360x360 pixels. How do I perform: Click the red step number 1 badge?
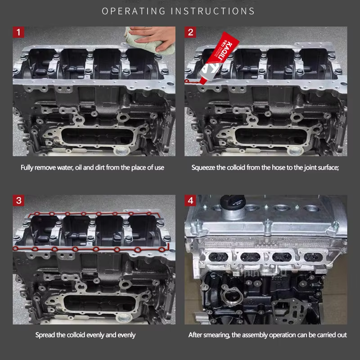click(x=18, y=32)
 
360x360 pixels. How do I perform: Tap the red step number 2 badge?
click(x=190, y=32)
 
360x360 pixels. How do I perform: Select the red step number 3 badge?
click(x=18, y=200)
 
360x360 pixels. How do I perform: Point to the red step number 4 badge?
click(x=190, y=200)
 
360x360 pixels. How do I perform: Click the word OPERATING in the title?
click(x=134, y=11)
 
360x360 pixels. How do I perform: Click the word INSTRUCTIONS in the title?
click(x=212, y=11)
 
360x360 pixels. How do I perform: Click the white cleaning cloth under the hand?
click(x=147, y=42)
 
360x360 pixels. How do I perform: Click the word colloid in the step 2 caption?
click(x=236, y=167)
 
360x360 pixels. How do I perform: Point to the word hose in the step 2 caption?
click(x=277, y=167)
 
